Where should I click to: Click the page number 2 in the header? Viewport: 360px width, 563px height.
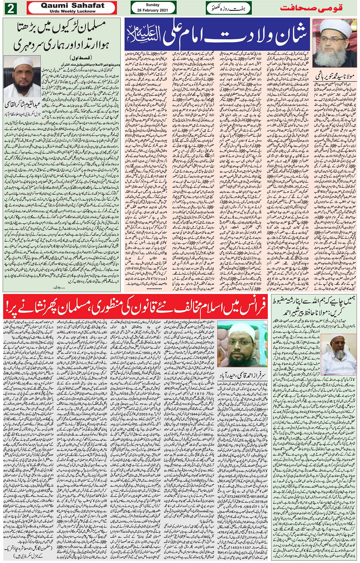click(x=10, y=8)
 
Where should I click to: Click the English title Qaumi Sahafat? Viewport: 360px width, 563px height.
click(x=72, y=5)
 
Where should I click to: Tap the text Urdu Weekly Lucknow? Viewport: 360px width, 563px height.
click(x=72, y=11)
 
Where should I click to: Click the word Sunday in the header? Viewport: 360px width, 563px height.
click(x=153, y=5)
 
